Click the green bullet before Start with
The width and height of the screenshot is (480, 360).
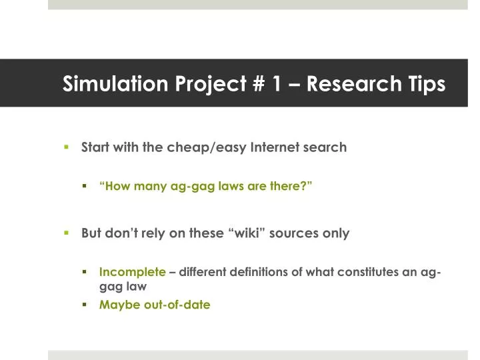(x=67, y=147)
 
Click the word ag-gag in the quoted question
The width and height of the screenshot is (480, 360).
(x=189, y=187)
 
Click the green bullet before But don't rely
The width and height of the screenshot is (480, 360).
(x=67, y=233)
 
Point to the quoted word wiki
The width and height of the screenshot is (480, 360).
(x=255, y=233)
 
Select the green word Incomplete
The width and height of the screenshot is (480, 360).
(x=132, y=272)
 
